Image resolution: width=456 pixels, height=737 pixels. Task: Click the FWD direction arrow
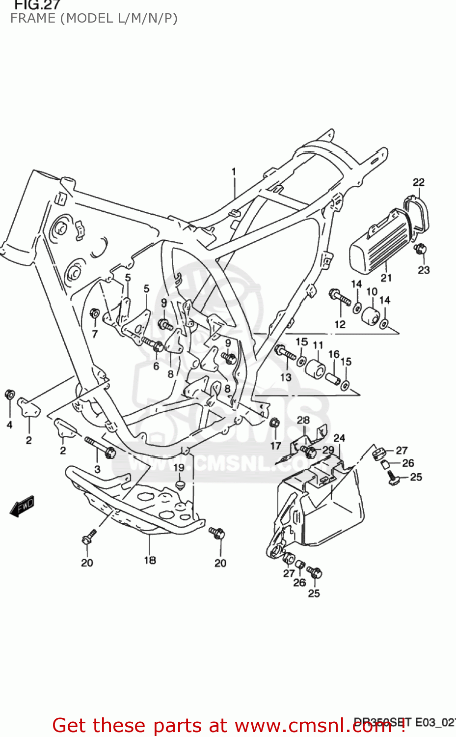[22, 506]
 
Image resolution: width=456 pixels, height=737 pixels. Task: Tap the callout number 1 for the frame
[234, 171]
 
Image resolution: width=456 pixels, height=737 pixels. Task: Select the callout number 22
[418, 182]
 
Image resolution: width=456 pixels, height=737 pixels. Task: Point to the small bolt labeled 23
[420, 249]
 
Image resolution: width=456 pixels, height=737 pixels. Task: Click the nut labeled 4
[9, 395]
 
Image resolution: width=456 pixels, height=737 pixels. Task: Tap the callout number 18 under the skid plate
[150, 560]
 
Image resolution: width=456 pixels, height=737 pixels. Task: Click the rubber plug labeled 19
[180, 485]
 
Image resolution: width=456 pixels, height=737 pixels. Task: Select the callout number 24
[339, 438]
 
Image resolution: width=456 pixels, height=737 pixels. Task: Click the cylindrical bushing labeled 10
[371, 315]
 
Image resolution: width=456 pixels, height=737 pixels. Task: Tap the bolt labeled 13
[285, 352]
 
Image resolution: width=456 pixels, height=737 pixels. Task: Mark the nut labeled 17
[275, 423]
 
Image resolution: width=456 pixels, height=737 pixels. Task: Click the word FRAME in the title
[33, 19]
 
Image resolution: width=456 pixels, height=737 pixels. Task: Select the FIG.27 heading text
[37, 5]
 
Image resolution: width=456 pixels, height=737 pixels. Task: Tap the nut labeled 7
[95, 313]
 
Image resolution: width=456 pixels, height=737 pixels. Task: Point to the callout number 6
[156, 366]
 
